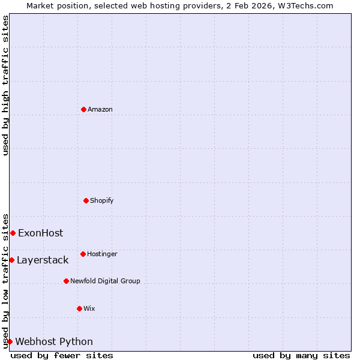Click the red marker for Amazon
point(83,109)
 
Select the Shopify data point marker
point(86,200)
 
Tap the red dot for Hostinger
point(83,254)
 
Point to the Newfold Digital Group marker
point(66,281)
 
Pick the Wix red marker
point(79,308)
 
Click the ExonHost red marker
point(13,233)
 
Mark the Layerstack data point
point(11,260)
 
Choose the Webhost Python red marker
point(10,341)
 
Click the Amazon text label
point(100,109)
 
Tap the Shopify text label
point(102,200)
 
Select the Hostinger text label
point(102,254)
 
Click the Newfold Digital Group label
point(105,281)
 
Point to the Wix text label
point(89,308)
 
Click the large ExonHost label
point(40,233)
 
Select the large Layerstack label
point(43,260)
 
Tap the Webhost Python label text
point(54,341)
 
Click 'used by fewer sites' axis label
point(62,355)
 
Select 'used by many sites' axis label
point(301,355)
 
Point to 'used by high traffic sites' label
point(5,85)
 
